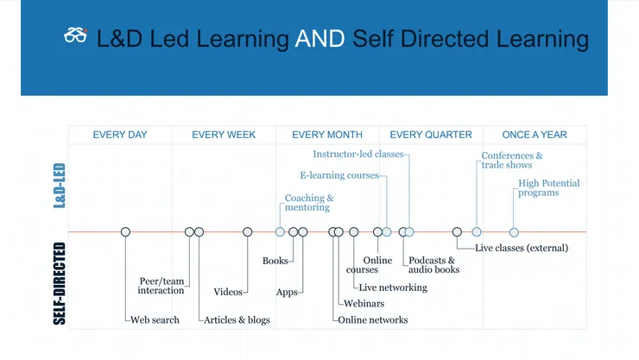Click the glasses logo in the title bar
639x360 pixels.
[76, 36]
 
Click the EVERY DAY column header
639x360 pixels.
[120, 135]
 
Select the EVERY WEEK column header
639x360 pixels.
[224, 135]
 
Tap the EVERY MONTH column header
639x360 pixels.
[327, 135]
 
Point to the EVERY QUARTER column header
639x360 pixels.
[431, 135]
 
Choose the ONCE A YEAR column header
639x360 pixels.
[535, 135]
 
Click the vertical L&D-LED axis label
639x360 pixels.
[60, 184]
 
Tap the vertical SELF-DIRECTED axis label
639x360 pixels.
[60, 283]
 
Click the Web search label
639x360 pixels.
[155, 320]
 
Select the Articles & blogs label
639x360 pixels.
[237, 320]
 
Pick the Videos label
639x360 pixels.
[228, 292]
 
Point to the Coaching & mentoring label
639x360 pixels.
[308, 203]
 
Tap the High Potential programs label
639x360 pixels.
[548, 188]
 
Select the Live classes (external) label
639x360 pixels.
[522, 249]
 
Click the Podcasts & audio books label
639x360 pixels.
[433, 265]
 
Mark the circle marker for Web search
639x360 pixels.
[125, 231]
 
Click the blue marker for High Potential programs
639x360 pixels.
[514, 231]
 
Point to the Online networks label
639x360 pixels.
[372, 320]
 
